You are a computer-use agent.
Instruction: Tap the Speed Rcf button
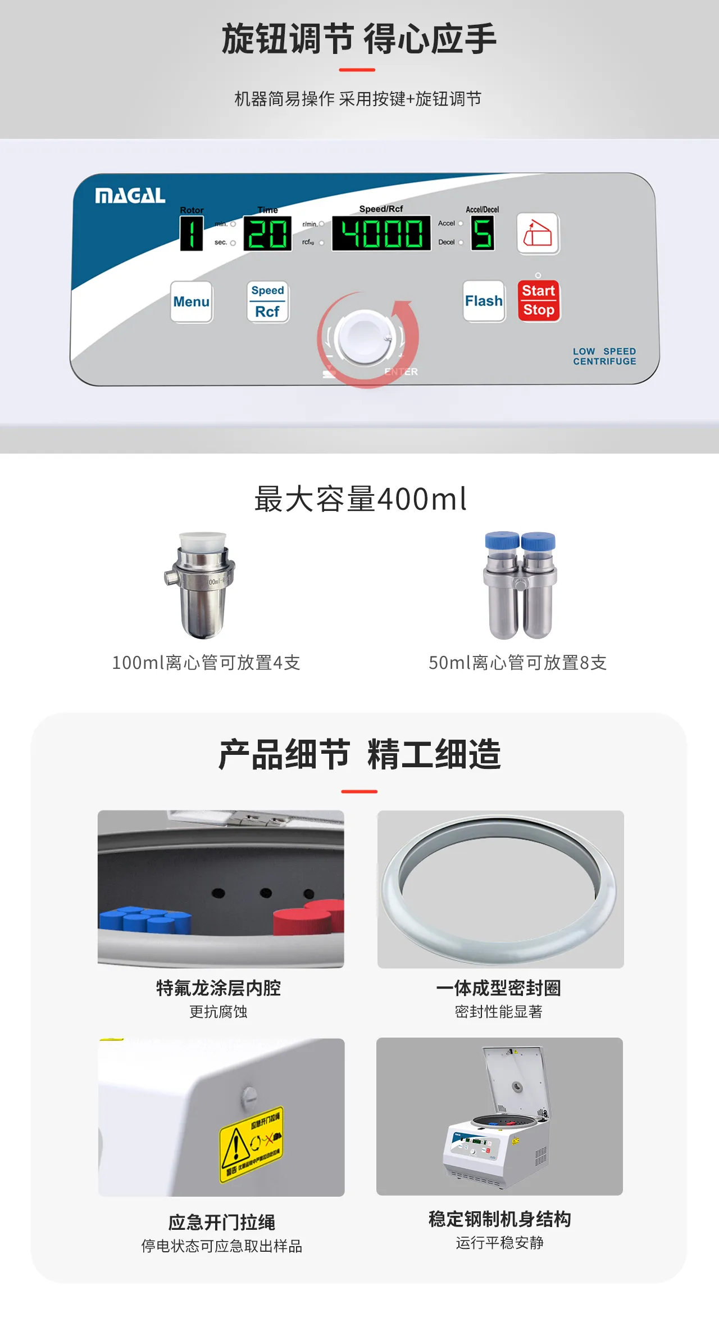point(268,301)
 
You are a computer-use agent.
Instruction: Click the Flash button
point(484,301)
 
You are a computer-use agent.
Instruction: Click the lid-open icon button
point(538,233)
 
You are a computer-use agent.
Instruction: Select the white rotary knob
point(366,338)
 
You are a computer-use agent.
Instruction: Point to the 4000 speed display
point(381,233)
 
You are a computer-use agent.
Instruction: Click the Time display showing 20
point(267,233)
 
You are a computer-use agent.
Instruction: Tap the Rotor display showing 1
point(192,233)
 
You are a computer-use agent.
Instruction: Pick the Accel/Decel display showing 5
point(483,233)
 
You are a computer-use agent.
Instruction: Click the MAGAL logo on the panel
point(130,196)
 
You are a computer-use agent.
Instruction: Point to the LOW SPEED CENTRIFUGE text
point(604,356)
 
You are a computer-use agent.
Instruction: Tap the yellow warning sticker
point(251,1144)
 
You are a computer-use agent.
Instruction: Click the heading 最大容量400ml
point(360,499)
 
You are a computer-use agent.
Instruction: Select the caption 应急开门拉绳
point(221,1222)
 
